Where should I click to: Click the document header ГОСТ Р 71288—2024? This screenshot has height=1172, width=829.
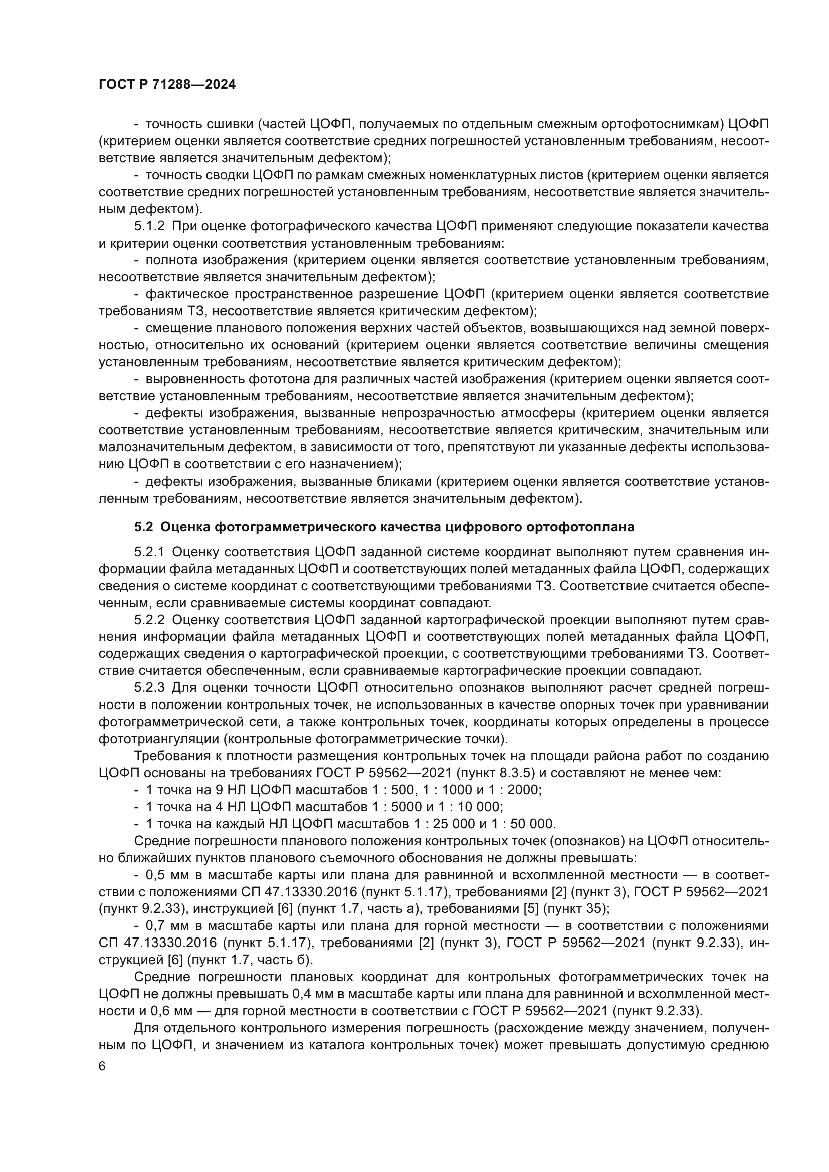point(167,85)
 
